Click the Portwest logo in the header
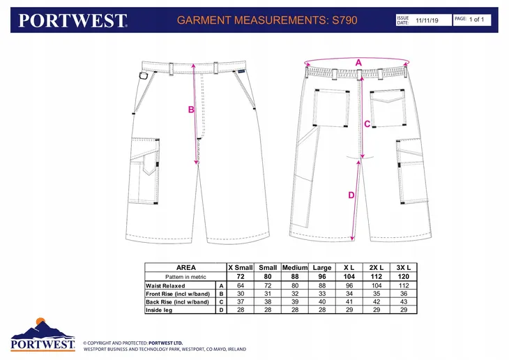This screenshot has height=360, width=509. coord(73,20)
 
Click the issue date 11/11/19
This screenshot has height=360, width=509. coord(427,20)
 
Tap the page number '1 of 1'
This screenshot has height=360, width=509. coord(476,20)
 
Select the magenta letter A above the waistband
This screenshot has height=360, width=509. coord(358,62)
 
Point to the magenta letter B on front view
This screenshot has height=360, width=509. coord(191,110)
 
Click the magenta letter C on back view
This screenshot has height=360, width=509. coord(367,123)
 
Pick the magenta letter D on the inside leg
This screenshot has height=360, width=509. coord(351,195)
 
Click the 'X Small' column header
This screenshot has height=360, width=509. coord(241,268)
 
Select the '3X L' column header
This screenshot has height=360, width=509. coord(404,268)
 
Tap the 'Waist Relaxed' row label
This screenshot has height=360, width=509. coord(165,286)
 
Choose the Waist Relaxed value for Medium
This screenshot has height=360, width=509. coord(295,285)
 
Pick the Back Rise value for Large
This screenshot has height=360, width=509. coord(322,302)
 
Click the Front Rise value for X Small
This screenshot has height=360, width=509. coord(241,294)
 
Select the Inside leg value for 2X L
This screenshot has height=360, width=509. coord(377,310)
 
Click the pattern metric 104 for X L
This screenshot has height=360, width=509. coord(349,277)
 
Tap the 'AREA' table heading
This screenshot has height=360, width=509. coord(186,268)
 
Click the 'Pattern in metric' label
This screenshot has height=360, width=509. coord(185,277)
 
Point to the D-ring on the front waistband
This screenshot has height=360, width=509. coord(143,76)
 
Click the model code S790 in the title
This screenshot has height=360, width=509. coord(344,20)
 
